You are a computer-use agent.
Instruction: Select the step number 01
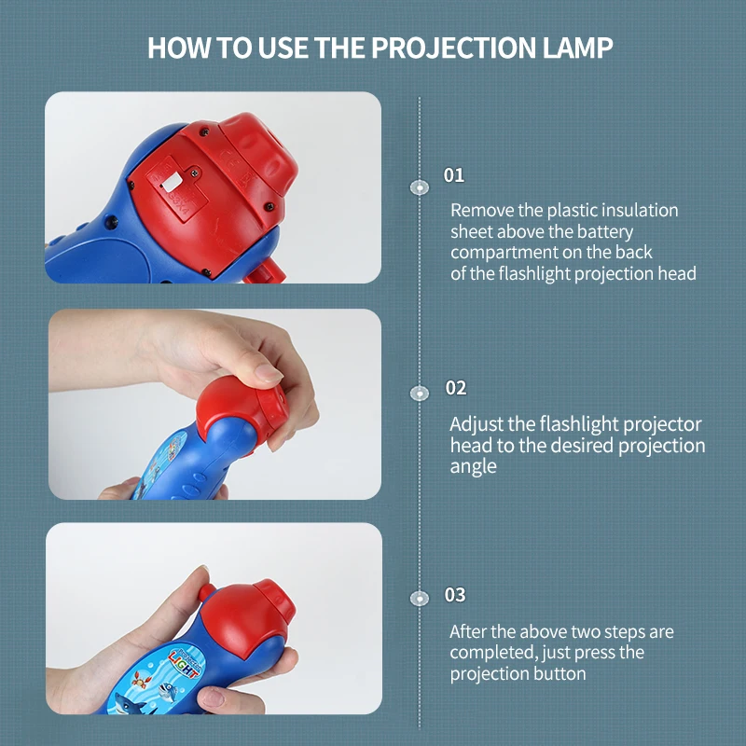pos(454,175)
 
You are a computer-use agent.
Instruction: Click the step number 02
pos(455,388)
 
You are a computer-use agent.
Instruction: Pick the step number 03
pos(455,595)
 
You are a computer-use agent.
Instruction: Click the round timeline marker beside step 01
pos(420,186)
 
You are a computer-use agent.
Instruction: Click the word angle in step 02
pos(474,466)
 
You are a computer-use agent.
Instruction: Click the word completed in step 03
pos(490,653)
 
